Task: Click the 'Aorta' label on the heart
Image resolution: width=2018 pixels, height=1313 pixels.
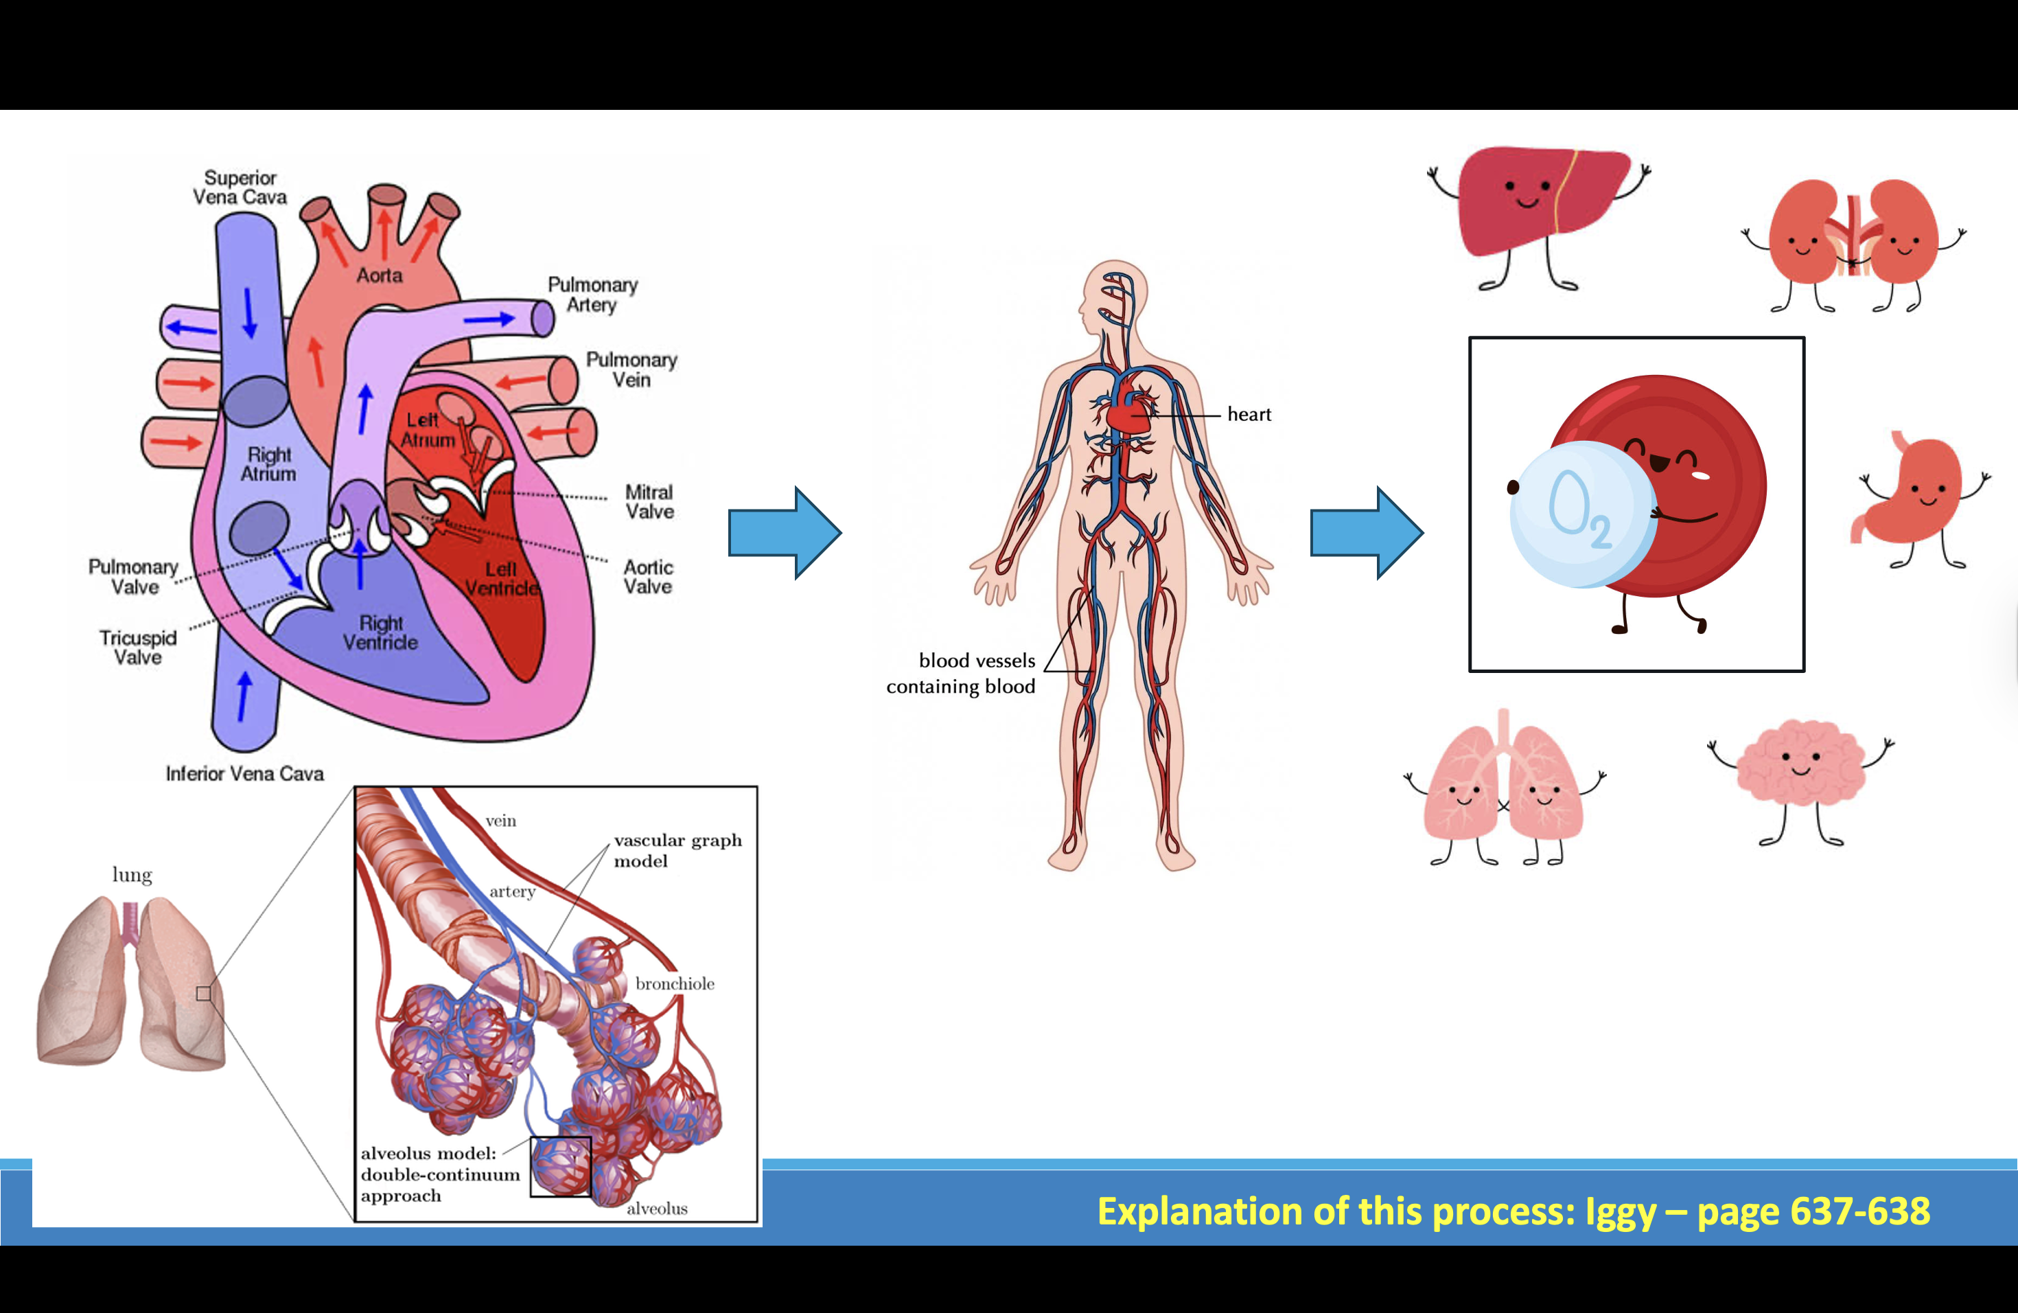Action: (379, 275)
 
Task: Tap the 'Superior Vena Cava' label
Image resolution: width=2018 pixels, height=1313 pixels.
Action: (240, 187)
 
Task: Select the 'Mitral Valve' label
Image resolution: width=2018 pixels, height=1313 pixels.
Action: (649, 502)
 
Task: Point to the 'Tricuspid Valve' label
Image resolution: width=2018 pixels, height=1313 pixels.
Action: (138, 647)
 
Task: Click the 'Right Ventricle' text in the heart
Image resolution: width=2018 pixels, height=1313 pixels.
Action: (381, 632)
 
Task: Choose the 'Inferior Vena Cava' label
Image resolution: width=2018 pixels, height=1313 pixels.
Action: (244, 773)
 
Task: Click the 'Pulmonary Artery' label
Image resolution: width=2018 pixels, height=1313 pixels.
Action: (592, 295)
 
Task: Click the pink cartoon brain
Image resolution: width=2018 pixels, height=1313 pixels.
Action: (1800, 768)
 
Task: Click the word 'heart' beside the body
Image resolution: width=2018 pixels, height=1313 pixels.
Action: (1249, 415)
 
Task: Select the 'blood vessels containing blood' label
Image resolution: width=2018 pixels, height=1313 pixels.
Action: (962, 674)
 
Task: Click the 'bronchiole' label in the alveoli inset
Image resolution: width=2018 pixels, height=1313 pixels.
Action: (675, 984)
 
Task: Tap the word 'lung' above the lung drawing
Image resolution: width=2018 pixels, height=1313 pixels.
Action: (132, 874)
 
